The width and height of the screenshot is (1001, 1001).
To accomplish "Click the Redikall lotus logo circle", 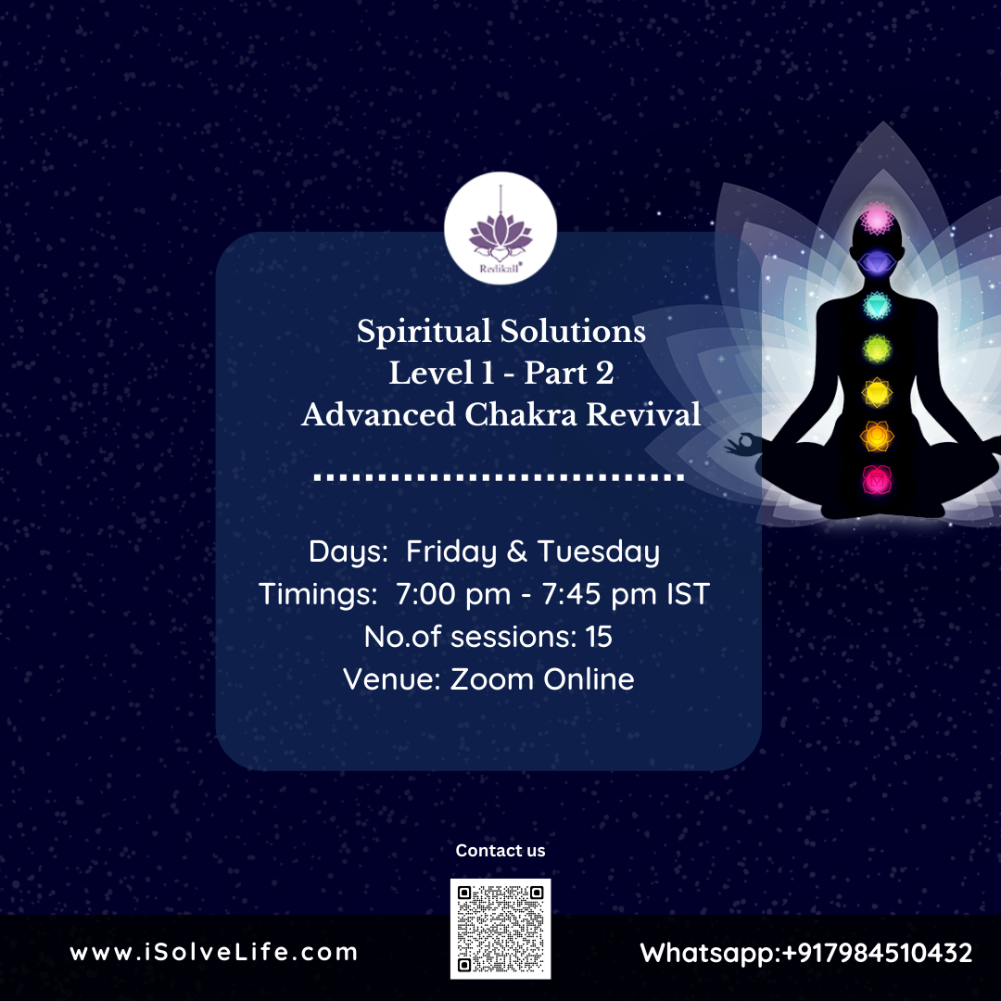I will click(500, 228).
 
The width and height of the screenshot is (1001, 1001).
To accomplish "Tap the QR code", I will click(500, 928).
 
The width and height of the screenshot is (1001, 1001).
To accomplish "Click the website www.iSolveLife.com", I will click(213, 952).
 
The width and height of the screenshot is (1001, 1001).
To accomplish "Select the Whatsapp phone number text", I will click(806, 953).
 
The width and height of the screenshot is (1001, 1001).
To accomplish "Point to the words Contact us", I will click(500, 850).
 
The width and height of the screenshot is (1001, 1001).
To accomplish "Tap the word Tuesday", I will click(599, 552).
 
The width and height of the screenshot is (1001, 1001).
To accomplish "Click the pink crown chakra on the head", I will click(877, 220).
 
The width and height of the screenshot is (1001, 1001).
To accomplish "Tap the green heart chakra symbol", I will click(877, 348).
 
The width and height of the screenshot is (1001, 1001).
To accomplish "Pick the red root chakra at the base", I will click(876, 479).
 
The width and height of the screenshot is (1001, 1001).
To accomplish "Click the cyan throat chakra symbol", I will click(877, 305).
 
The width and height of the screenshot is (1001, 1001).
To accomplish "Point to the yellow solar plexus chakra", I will click(877, 392).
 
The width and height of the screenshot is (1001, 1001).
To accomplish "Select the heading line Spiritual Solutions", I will click(500, 332).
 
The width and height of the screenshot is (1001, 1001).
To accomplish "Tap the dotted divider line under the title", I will click(500, 478).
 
